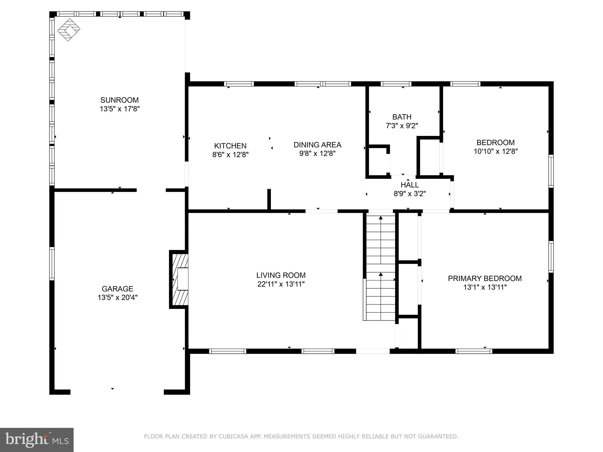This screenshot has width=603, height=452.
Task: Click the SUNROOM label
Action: [x=119, y=100]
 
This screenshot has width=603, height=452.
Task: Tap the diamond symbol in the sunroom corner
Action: [x=69, y=30]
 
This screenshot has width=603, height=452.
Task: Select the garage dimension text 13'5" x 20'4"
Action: [x=117, y=298]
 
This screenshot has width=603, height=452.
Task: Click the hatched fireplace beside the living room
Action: [x=179, y=279]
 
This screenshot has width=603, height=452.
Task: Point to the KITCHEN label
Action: [x=230, y=146]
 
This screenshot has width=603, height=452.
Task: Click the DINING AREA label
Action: [x=317, y=145]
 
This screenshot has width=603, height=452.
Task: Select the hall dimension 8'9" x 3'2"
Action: [x=410, y=194]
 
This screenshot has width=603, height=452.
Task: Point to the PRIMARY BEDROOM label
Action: [x=485, y=278]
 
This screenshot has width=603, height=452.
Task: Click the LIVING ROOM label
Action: [x=281, y=275]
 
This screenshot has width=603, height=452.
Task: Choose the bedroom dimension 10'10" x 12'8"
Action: [x=496, y=151]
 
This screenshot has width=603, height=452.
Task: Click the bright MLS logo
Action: [x=37, y=440]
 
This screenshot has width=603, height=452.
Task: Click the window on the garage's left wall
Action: [x=52, y=264]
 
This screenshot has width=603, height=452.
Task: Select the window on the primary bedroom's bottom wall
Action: [x=473, y=351]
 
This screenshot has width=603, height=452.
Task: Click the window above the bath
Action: [x=396, y=84]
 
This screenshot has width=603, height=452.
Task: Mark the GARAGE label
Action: [x=117, y=289]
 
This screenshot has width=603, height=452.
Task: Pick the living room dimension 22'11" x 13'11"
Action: [x=281, y=284]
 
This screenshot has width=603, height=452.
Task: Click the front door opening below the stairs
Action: [x=373, y=351]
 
